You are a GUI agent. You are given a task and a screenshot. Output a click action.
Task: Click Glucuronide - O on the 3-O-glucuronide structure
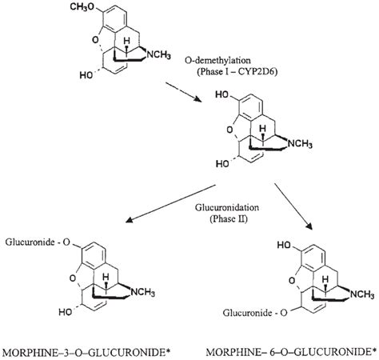(36, 240)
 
